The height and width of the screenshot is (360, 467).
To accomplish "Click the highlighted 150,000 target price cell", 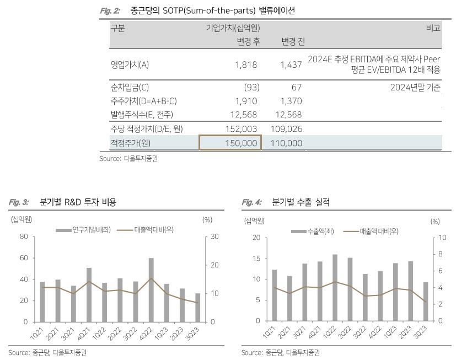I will tap(230, 142).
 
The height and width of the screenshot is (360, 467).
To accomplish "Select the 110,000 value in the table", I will tap(287, 142).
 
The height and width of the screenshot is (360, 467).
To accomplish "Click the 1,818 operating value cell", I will tap(246, 65).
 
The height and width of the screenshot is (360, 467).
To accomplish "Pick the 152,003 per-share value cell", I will tap(241, 128).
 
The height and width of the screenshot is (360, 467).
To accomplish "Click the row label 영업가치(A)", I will tap(130, 65).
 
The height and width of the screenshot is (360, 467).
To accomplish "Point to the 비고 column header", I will tap(433, 28).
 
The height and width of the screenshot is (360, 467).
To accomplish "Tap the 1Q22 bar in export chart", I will tap(335, 287).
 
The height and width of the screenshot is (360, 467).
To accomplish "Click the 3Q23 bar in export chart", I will tap(425, 302).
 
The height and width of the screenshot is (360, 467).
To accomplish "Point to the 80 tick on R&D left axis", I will tap(23, 237).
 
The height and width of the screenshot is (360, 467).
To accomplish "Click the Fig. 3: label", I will tap(19, 202).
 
